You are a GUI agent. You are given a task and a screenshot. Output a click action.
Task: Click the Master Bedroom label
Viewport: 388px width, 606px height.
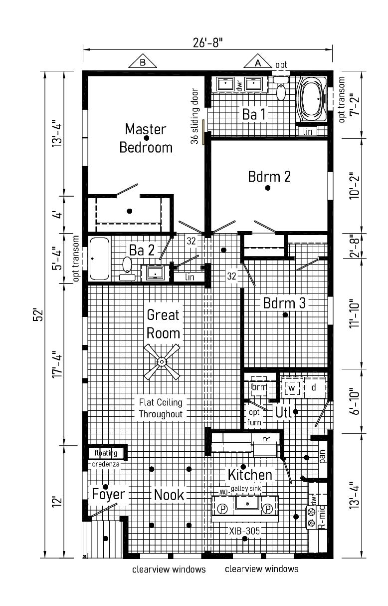(x=146, y=138)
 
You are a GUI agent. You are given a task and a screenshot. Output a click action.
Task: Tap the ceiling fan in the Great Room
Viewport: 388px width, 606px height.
(x=162, y=361)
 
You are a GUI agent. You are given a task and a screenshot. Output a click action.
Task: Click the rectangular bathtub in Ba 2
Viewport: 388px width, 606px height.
(x=99, y=259)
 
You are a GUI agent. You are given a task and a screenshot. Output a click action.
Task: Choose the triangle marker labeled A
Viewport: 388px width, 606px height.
(x=258, y=62)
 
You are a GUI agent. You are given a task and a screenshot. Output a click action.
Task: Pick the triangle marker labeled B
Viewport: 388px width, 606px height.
(x=143, y=62)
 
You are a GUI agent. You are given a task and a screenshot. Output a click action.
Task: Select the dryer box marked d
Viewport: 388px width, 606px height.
(x=314, y=387)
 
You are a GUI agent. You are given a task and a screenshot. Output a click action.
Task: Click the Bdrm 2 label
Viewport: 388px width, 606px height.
(x=269, y=177)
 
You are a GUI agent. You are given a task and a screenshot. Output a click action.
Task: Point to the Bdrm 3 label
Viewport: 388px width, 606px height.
(x=284, y=303)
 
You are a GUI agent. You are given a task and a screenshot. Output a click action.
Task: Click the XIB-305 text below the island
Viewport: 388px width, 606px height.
(x=244, y=531)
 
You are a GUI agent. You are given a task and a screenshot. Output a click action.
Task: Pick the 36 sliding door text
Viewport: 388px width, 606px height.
(x=194, y=116)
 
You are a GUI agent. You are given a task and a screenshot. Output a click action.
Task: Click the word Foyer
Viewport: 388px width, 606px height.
(x=108, y=495)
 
